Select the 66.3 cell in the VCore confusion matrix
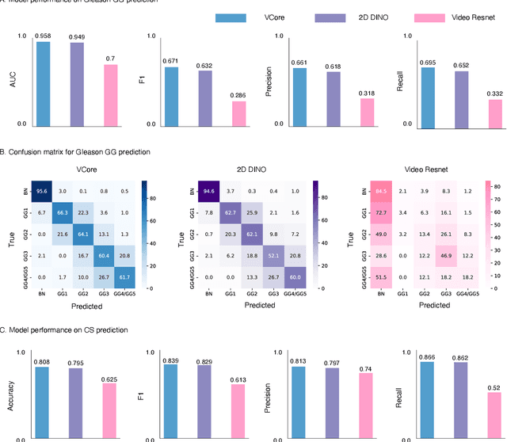pyautogui.click(x=62, y=211)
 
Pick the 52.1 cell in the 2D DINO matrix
pyautogui.click(x=274, y=256)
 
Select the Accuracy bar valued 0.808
pyautogui.click(x=42, y=400)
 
